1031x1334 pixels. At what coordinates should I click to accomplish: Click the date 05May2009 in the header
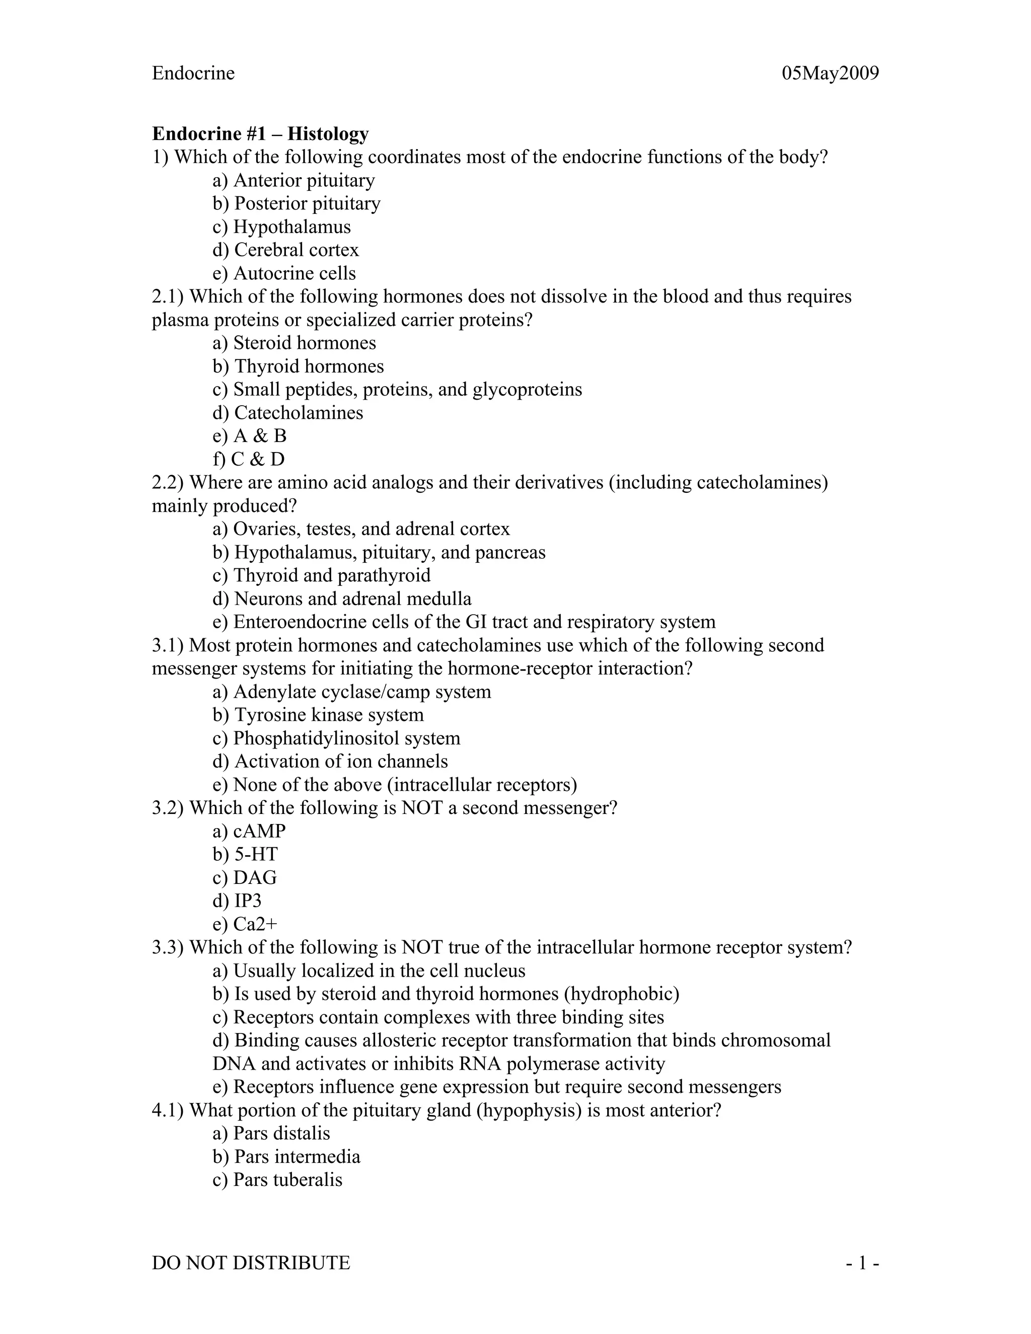click(830, 73)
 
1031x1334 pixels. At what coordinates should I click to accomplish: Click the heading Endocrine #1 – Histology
click(260, 133)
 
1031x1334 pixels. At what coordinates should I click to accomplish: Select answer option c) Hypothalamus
click(281, 227)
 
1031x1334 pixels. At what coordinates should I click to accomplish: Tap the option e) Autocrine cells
click(284, 273)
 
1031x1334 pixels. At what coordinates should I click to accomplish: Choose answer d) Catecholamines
click(287, 413)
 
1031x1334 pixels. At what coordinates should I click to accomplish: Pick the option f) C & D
click(249, 459)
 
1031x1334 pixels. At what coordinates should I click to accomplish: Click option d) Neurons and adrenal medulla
click(342, 599)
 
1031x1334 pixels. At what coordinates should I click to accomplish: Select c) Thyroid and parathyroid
click(321, 575)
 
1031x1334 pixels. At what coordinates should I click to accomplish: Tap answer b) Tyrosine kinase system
click(318, 715)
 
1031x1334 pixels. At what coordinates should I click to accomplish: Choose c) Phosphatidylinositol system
click(337, 738)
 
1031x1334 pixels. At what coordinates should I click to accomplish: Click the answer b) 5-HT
click(245, 854)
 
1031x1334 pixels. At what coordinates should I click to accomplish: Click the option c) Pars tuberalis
click(277, 1179)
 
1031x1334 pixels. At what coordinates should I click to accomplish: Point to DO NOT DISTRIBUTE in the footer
click(251, 1263)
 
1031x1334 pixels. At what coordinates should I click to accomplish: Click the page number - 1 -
click(862, 1263)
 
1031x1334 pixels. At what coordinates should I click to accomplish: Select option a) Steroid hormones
click(294, 343)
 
